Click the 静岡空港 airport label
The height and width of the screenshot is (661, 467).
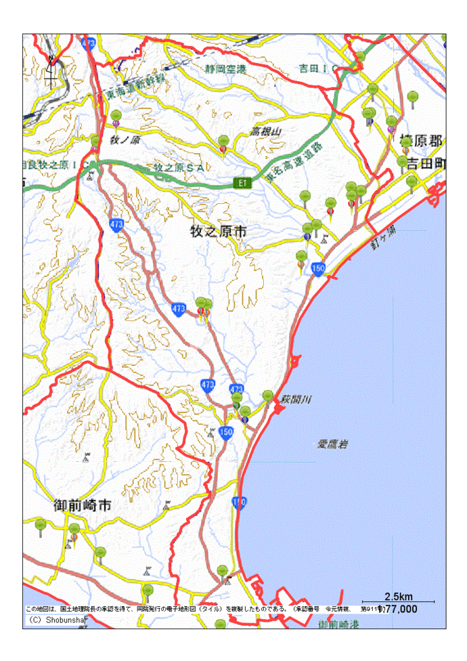227,69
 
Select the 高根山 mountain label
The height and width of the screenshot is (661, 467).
265,131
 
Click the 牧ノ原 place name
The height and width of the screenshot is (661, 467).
125,140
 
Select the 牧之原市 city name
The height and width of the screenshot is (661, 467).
218,232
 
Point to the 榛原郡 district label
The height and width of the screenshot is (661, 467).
420,141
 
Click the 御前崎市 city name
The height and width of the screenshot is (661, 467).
82,505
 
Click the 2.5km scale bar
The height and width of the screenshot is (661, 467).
399,600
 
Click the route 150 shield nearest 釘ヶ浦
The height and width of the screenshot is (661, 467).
319,269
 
